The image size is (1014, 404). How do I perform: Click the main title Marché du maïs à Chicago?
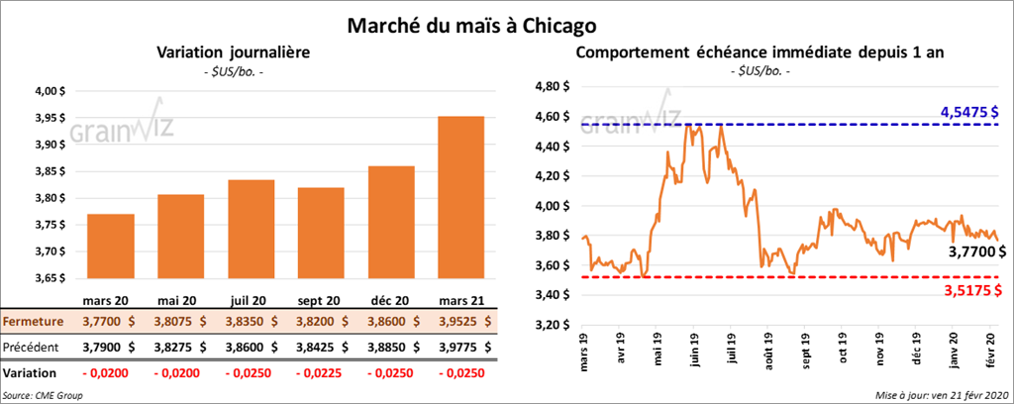(470, 22)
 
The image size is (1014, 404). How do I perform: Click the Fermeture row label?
(33, 322)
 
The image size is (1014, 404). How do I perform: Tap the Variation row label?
(30, 373)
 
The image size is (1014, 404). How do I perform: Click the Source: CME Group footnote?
(44, 395)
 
